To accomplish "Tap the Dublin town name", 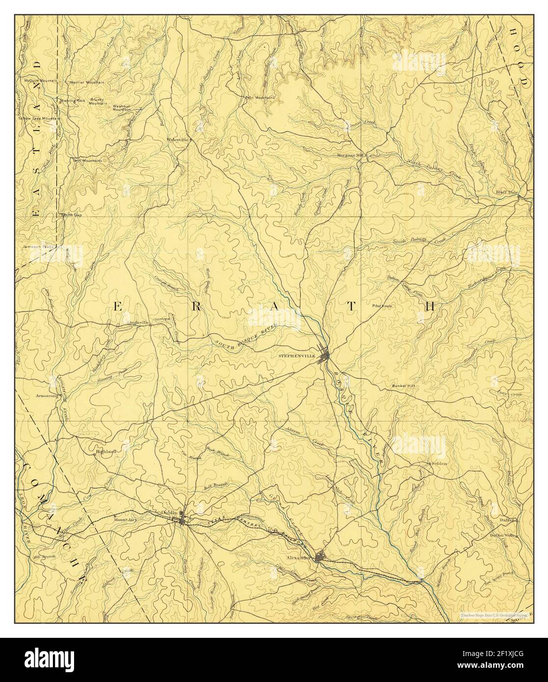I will coord(169,512).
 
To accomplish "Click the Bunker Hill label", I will coord(404,386).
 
